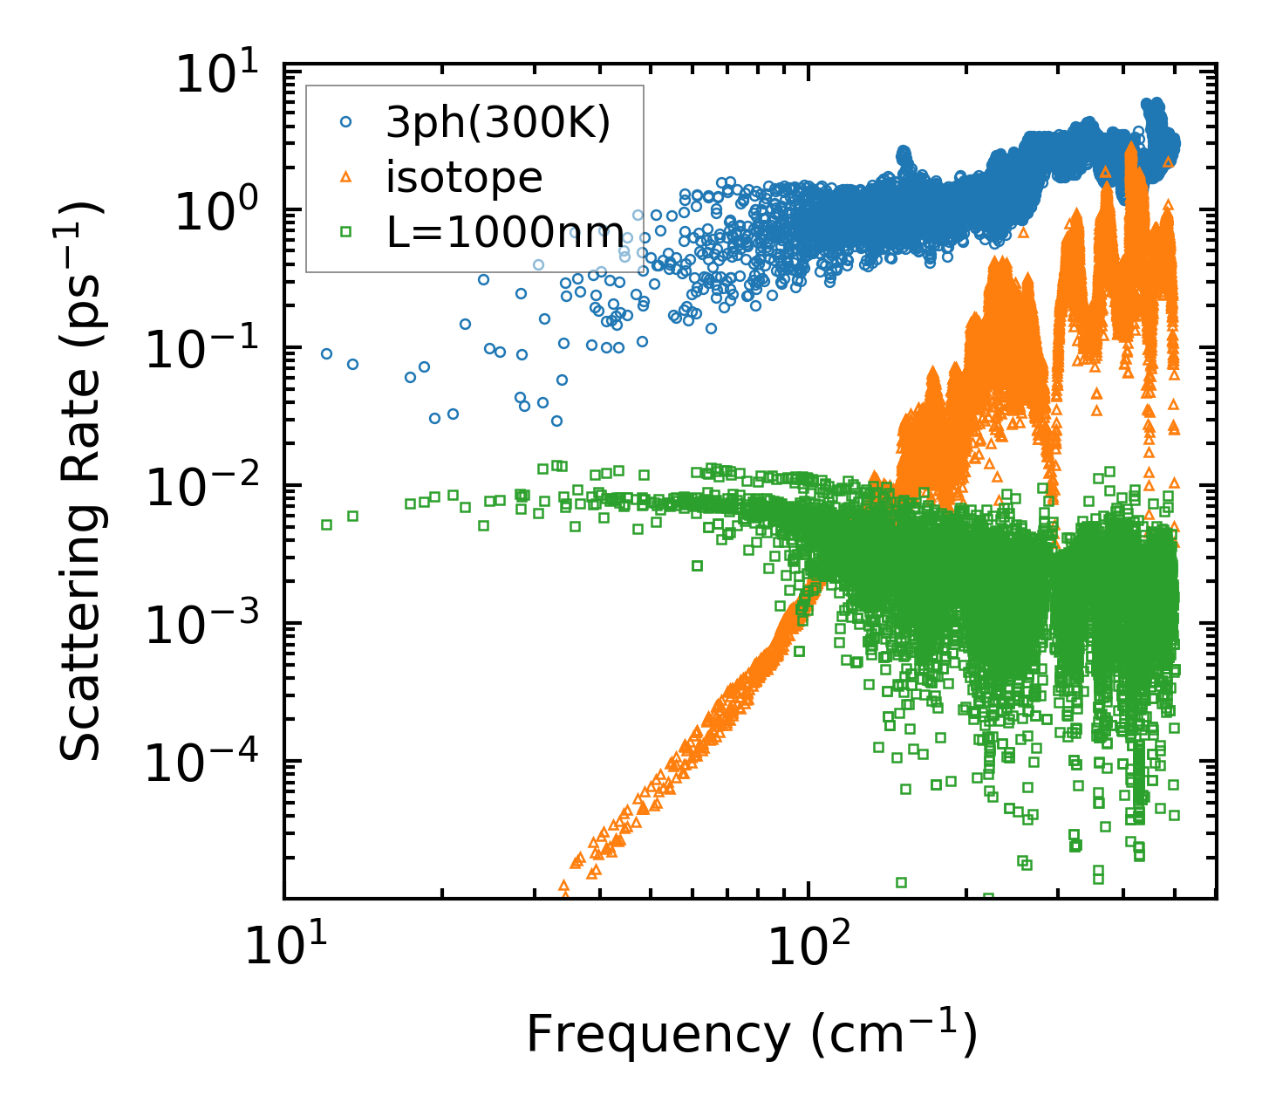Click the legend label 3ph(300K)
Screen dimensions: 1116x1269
pos(498,125)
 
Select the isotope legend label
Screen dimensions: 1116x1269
pos(464,178)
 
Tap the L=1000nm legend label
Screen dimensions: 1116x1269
pos(506,233)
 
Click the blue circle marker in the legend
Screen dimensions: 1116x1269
pos(345,124)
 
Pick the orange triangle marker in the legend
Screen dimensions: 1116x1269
pos(345,178)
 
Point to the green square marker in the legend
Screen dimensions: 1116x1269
pos(345,232)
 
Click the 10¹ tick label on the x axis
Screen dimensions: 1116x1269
pos(284,946)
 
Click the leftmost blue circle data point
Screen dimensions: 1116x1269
pos(326,353)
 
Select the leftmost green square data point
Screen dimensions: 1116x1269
pos(326,524)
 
